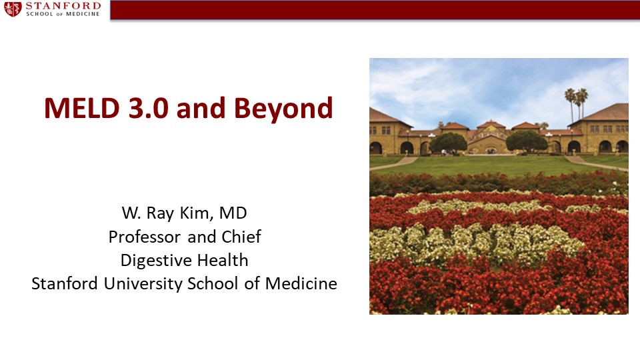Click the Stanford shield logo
click(x=13, y=9)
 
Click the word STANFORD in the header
click(x=63, y=6)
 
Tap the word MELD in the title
click(x=81, y=108)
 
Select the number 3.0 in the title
click(x=148, y=108)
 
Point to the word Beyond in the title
click(x=283, y=109)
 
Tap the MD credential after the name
click(x=233, y=213)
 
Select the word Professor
click(x=145, y=237)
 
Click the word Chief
click(x=241, y=236)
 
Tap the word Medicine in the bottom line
click(x=301, y=283)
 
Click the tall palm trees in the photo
click(x=576, y=104)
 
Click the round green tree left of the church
click(x=448, y=143)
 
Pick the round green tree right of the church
click(x=527, y=141)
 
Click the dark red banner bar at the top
click(x=375, y=10)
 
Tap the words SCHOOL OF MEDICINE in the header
click(x=63, y=14)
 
